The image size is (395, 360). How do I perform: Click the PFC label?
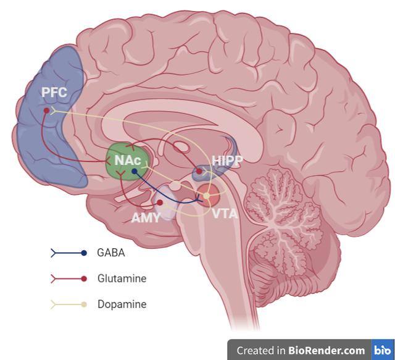(x=53, y=94)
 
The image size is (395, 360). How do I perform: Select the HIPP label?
(x=227, y=161)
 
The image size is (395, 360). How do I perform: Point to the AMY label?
(x=146, y=217)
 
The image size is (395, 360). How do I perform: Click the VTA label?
(x=224, y=214)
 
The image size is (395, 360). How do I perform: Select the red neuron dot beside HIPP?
(x=199, y=170)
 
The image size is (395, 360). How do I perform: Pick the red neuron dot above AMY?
(x=159, y=203)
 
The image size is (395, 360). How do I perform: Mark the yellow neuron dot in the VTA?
(x=207, y=196)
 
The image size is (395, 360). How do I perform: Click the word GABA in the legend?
(x=111, y=253)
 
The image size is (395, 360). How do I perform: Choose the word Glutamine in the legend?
(x=122, y=278)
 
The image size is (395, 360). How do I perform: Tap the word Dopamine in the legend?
(x=122, y=304)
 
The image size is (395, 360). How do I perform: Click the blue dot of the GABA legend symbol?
(x=84, y=253)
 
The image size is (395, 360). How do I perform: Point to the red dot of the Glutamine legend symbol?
(x=84, y=278)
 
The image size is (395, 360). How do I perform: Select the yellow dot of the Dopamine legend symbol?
(x=84, y=304)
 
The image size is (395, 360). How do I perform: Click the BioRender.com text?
(x=326, y=350)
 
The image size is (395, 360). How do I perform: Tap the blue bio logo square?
(x=381, y=350)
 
